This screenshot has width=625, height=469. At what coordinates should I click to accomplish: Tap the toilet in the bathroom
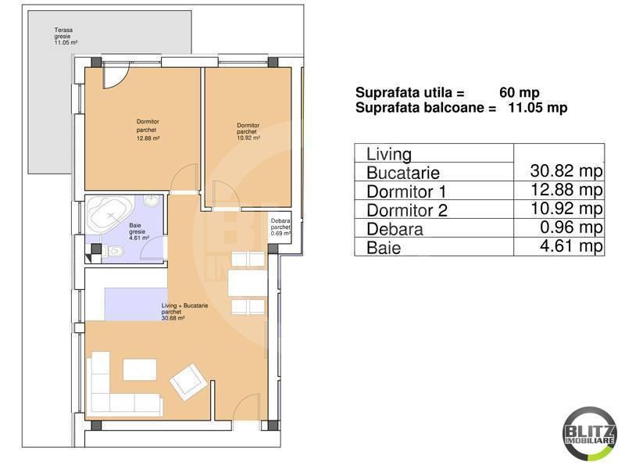[116, 251]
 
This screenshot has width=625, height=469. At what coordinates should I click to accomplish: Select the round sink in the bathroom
[152, 202]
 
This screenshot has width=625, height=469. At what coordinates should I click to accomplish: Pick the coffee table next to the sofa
[141, 368]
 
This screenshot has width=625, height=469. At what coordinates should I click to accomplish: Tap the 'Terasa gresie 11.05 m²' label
[66, 37]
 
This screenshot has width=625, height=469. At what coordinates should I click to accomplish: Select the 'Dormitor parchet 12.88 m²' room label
[148, 130]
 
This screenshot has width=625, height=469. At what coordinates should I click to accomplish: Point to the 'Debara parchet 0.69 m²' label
[281, 227]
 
